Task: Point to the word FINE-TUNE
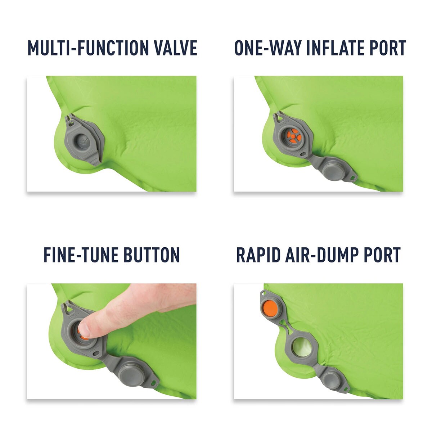tap(80, 255)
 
